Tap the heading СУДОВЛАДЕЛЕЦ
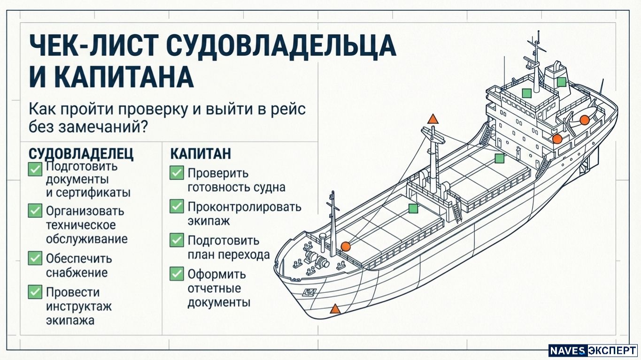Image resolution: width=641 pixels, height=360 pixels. click(81, 154)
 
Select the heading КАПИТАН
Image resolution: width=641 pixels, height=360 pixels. click(201, 154)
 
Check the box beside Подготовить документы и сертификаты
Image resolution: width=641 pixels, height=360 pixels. click(35, 169)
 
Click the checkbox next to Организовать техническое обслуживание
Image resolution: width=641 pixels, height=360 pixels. click(35, 211)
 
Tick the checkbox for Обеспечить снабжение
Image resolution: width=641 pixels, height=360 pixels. click(35, 258)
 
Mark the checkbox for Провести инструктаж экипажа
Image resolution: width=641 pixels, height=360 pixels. click(35, 292)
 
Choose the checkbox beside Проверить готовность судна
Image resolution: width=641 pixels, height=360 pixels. click(177, 173)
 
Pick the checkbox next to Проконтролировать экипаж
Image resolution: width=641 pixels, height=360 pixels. click(177, 206)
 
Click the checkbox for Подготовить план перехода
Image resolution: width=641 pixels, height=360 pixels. click(177, 240)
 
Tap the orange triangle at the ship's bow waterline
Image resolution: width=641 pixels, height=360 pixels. click(335, 309)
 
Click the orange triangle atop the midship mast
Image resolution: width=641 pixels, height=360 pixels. click(433, 119)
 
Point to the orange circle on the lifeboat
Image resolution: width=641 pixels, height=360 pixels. click(584, 120)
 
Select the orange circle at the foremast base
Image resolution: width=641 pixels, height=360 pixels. click(346, 246)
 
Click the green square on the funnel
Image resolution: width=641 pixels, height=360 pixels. click(561, 82)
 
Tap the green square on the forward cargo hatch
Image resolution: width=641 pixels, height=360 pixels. click(413, 209)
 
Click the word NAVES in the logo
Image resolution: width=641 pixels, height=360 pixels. click(568, 351)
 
